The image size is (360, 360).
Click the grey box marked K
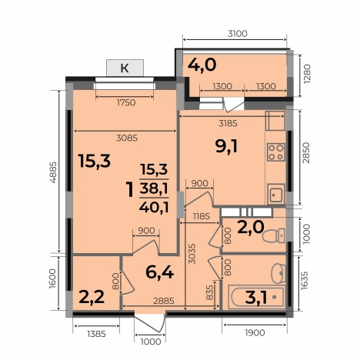[x=124, y=68]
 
